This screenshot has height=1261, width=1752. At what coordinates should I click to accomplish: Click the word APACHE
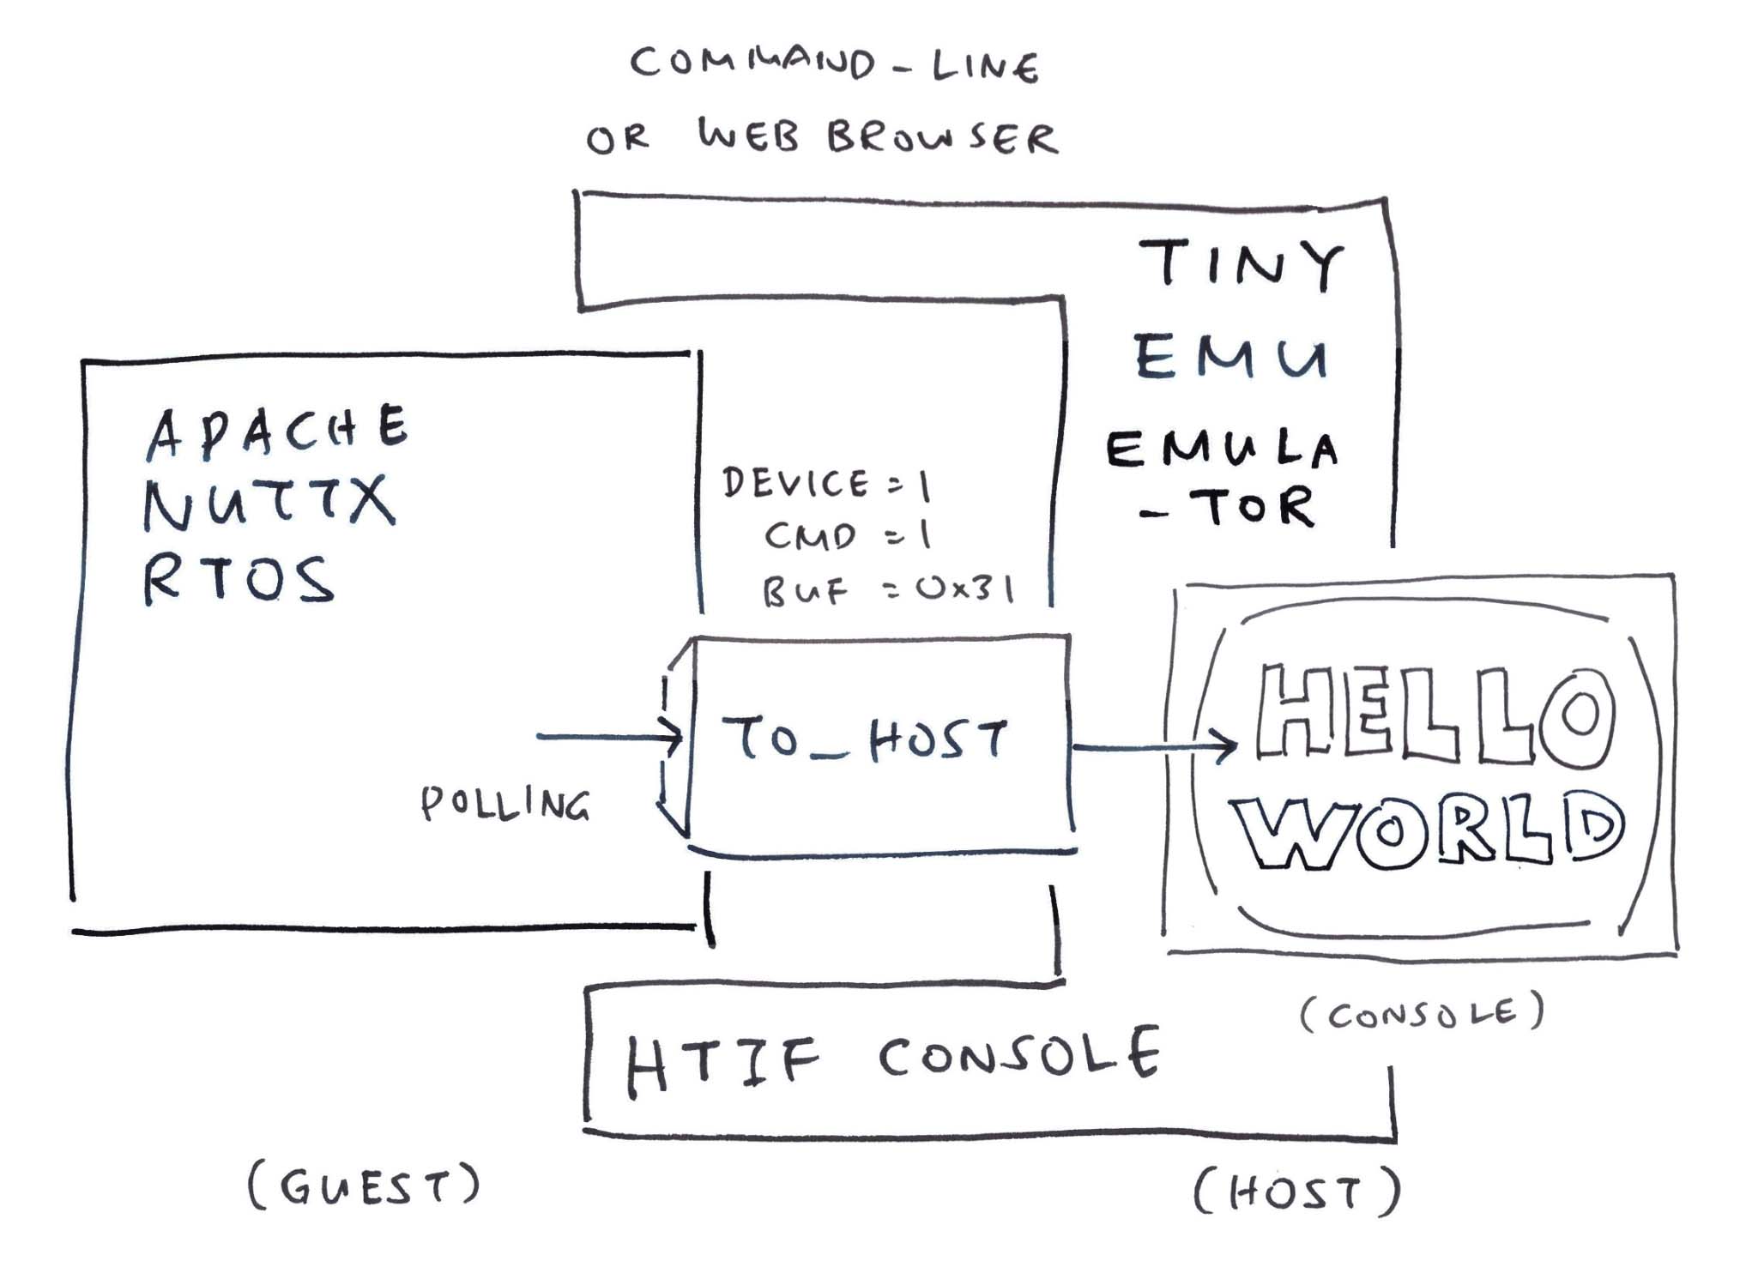pos(276,431)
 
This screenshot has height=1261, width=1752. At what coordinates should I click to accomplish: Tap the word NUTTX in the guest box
pos(269,504)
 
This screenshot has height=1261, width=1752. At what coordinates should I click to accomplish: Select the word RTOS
pos(239,580)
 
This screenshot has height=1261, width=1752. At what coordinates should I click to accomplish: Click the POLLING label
pos(505,805)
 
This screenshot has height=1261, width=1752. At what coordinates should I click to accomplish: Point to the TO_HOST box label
pos(865,739)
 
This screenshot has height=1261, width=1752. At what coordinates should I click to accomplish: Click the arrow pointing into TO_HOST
pos(609,736)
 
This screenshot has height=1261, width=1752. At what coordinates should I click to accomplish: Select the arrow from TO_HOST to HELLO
pos(1154,747)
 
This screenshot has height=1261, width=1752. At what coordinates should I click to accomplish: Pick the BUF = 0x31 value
pos(888,590)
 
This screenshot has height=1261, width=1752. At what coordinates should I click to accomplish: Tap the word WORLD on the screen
pos(1428,829)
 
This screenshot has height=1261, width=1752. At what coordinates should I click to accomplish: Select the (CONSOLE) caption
pos(1422,1014)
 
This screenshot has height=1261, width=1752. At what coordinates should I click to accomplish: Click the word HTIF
pos(722,1064)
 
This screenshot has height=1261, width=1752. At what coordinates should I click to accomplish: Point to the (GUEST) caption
pos(364,1187)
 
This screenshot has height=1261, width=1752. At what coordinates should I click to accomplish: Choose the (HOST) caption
pos(1296,1192)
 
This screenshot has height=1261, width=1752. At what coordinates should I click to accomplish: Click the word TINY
pos(1241,264)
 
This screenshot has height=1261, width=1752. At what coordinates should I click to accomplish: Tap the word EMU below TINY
pos(1232,358)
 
